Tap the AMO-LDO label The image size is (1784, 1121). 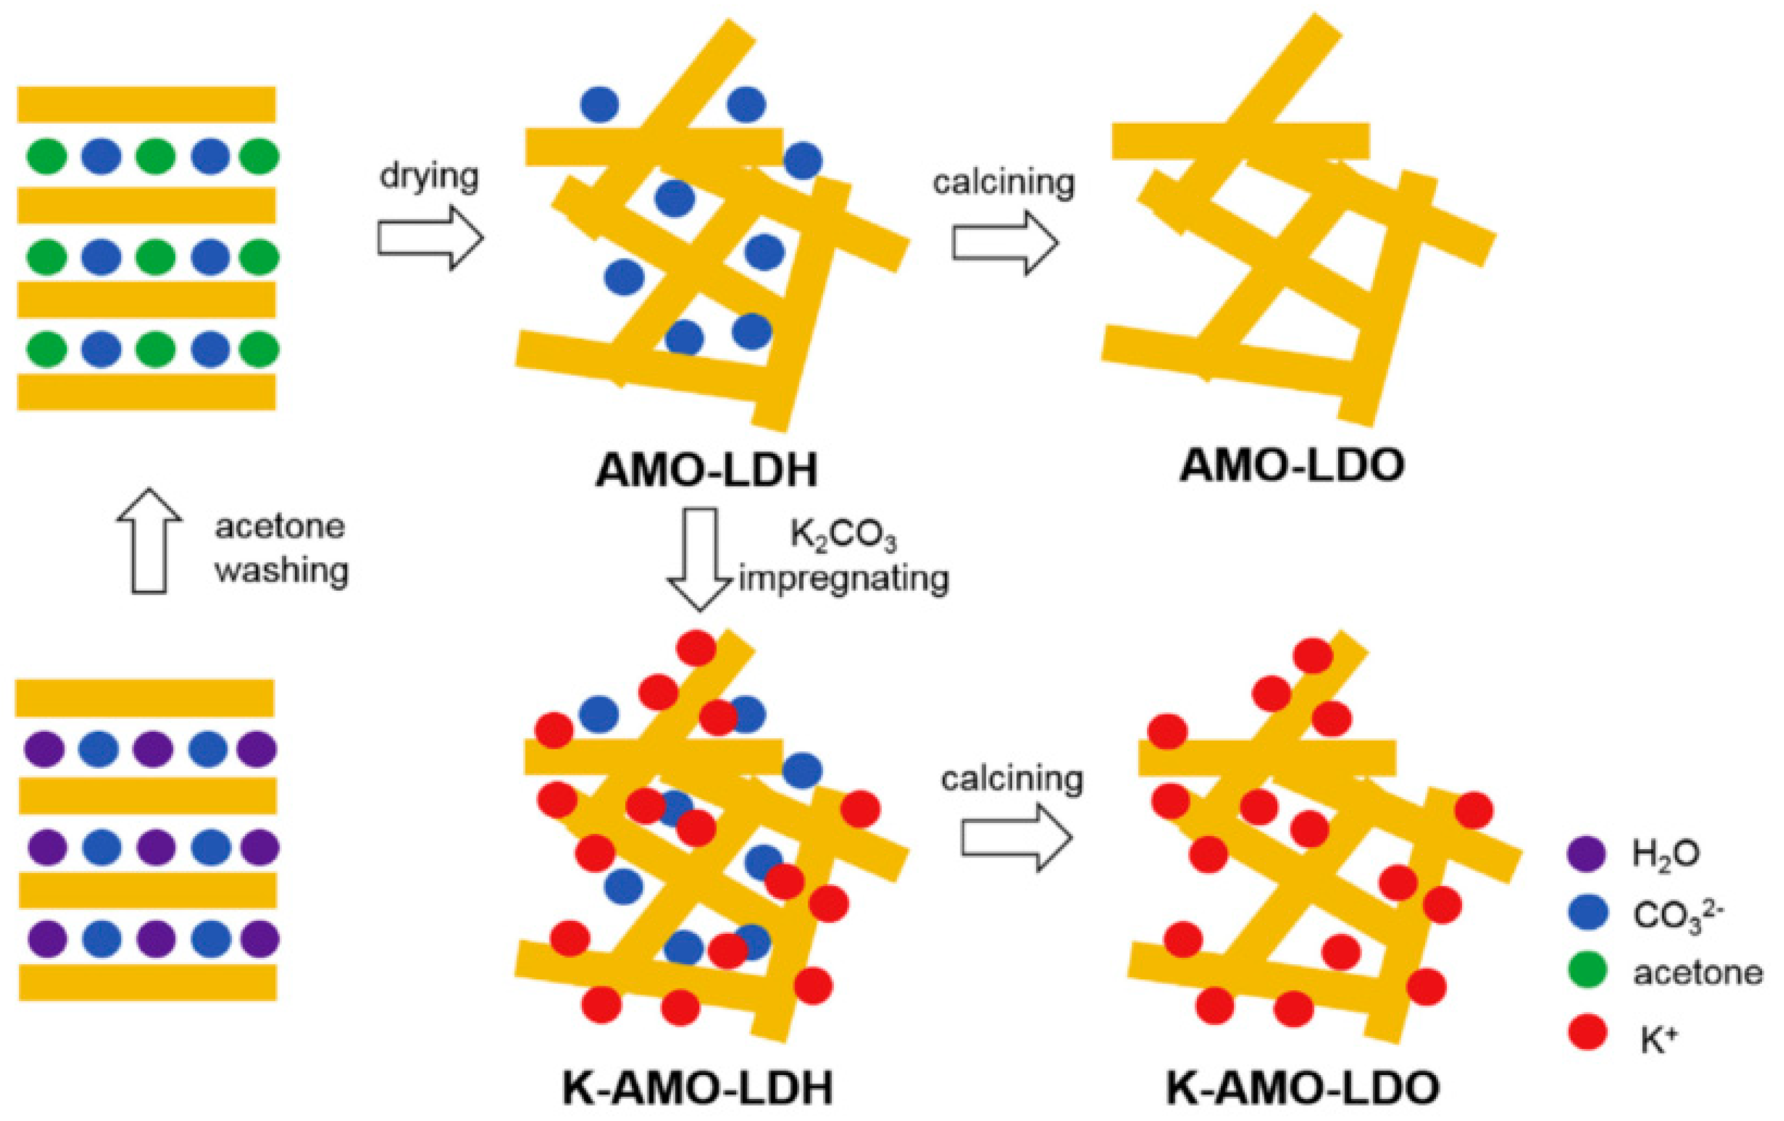click(x=1292, y=466)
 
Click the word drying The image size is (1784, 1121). click(x=429, y=177)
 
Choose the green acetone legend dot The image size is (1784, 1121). click(x=1587, y=971)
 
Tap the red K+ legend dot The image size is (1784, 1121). click(x=1587, y=1032)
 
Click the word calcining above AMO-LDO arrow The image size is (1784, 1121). click(x=1003, y=183)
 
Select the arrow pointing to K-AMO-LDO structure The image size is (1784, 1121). click(x=1017, y=837)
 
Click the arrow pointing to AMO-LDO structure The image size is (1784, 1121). click(x=1005, y=243)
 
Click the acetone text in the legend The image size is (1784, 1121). click(x=1697, y=972)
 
